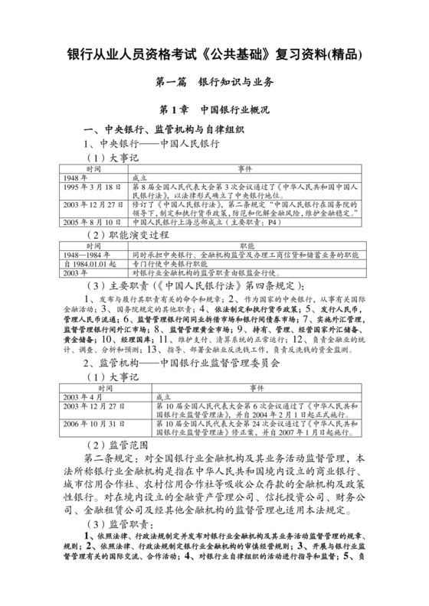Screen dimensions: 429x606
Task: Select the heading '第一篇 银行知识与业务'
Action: [214, 83]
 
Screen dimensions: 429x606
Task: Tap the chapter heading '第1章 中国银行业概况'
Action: [214, 110]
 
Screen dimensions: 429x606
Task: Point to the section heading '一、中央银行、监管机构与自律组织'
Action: [165, 129]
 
